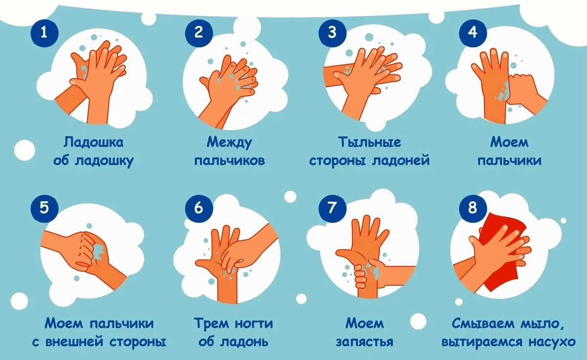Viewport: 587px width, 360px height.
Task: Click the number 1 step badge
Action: [45, 33]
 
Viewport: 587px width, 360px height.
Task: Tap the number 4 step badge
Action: [473, 33]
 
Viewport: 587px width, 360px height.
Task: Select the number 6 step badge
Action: [199, 208]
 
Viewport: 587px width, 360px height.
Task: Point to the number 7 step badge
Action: [332, 208]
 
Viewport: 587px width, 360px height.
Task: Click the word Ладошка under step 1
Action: [93, 143]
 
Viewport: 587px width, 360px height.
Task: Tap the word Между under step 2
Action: [229, 143]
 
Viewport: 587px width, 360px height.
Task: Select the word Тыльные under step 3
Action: [369, 142]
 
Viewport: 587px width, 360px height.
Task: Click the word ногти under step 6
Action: [253, 324]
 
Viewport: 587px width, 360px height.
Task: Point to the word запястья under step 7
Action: [364, 342]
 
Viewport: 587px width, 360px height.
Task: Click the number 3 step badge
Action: [332, 33]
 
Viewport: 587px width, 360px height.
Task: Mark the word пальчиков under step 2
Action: [229, 161]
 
